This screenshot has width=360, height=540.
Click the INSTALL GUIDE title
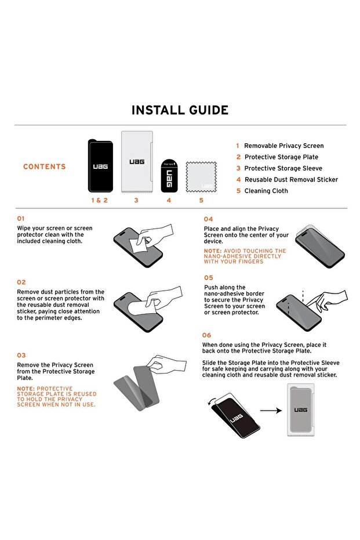[x=180, y=110]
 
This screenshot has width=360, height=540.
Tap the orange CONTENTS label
[x=45, y=167]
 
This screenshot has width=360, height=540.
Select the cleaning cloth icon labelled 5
[x=201, y=177]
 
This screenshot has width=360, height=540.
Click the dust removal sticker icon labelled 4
[x=169, y=176]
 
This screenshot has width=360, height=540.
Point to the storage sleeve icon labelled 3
[x=136, y=162]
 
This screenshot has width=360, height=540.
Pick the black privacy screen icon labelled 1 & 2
[x=100, y=166]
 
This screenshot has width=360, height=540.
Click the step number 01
[x=21, y=219]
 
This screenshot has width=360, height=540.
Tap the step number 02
[x=21, y=282]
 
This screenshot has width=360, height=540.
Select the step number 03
[x=21, y=355]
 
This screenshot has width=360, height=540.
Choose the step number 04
[x=208, y=219]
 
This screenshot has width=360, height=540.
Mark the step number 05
[x=209, y=278]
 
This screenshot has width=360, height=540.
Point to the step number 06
[x=207, y=335]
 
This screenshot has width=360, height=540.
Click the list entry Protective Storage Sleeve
[x=283, y=168]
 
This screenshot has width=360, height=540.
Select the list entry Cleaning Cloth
[x=266, y=191]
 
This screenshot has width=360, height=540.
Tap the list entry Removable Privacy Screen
[x=283, y=146]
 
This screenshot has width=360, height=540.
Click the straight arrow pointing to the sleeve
[x=270, y=411]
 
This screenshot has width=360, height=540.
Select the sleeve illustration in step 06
[x=302, y=411]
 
